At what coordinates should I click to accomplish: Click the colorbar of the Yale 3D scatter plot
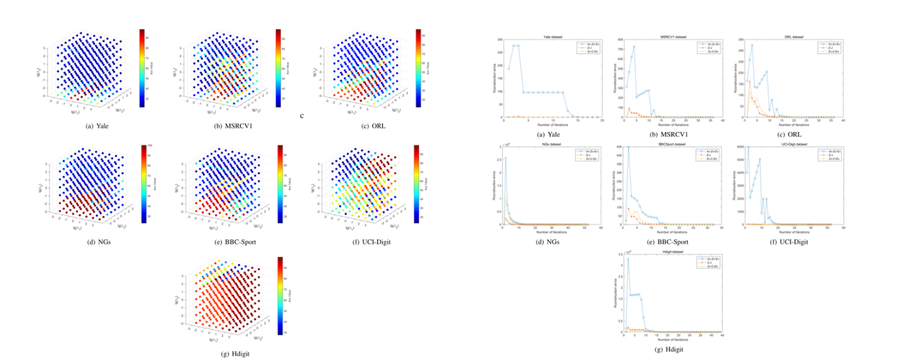pyautogui.click(x=142, y=67)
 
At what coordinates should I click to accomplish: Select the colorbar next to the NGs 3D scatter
pyautogui.click(x=142, y=184)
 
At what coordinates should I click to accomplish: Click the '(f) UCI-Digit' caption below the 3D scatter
pyautogui.click(x=372, y=243)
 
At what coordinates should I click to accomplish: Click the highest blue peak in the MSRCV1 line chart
pyautogui.click(x=634, y=46)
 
